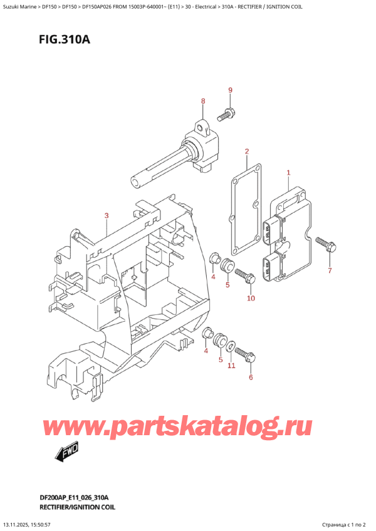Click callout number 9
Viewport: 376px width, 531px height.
[230, 91]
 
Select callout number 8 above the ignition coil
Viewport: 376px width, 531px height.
[203, 101]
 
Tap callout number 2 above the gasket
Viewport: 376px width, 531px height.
[247, 152]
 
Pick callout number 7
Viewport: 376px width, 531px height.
[330, 271]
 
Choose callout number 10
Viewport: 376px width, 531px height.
[251, 298]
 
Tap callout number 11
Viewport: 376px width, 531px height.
[231, 365]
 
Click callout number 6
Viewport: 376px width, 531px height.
[251, 377]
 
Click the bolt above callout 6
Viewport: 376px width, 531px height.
[246, 356]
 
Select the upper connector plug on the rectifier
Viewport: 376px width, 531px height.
[271, 225]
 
